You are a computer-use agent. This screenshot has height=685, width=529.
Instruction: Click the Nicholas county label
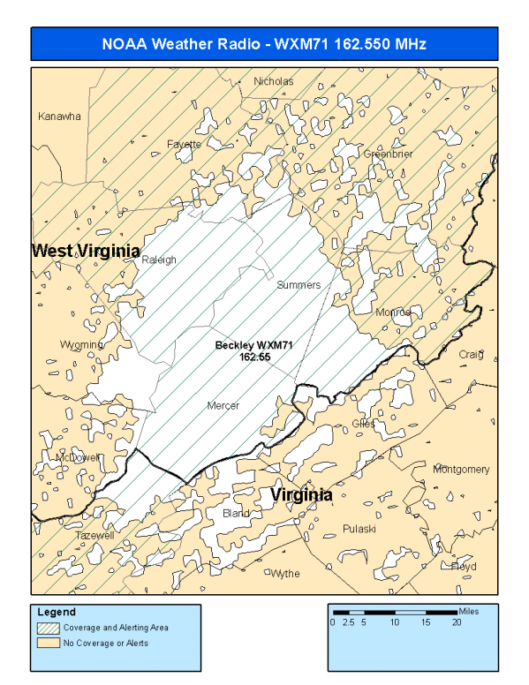(273, 81)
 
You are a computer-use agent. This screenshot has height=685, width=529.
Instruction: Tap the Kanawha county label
(59, 117)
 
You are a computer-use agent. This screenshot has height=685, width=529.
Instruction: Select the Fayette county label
(184, 144)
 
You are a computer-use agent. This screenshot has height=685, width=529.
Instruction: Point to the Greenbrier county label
(389, 154)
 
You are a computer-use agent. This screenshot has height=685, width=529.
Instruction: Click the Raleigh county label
(159, 260)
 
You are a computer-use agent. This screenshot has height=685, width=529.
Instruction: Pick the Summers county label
(299, 285)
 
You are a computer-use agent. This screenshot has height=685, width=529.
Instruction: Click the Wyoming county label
(81, 344)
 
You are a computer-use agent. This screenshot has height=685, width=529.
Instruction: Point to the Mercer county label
(223, 406)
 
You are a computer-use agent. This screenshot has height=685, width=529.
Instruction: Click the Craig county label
(471, 355)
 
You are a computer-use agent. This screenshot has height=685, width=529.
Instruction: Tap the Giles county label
(363, 424)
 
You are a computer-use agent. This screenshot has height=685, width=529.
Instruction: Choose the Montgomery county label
(460, 470)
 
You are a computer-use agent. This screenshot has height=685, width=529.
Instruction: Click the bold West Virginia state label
(86, 252)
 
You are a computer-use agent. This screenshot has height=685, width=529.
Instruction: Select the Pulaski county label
(359, 529)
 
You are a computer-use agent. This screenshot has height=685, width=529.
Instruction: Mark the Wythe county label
(284, 574)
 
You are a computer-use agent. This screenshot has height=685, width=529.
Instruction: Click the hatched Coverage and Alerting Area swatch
(48, 628)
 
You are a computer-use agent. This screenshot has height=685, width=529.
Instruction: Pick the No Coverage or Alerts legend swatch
(48, 643)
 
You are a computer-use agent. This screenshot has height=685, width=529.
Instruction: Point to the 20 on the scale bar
(457, 622)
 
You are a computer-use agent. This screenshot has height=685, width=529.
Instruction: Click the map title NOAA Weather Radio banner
(264, 44)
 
